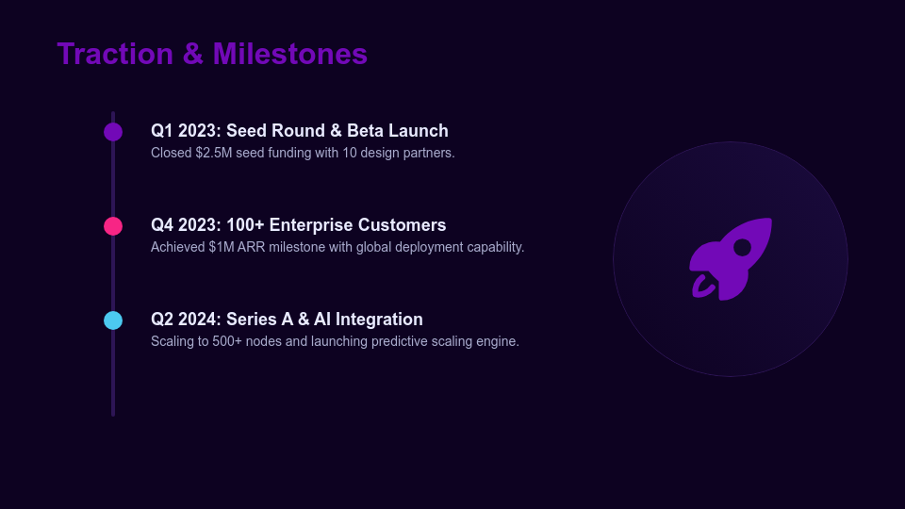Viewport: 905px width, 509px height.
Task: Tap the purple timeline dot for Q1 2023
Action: pos(113,132)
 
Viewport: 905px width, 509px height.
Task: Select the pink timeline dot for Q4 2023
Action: pos(113,226)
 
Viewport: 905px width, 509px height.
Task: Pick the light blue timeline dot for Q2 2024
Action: pos(113,320)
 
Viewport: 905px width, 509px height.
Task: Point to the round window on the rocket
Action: pos(742,248)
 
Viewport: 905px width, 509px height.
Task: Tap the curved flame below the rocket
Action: pos(702,287)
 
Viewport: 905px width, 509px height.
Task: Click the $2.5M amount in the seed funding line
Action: pos(213,153)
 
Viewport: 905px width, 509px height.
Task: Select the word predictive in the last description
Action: pos(403,341)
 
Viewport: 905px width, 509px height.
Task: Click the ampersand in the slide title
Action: pos(193,54)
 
